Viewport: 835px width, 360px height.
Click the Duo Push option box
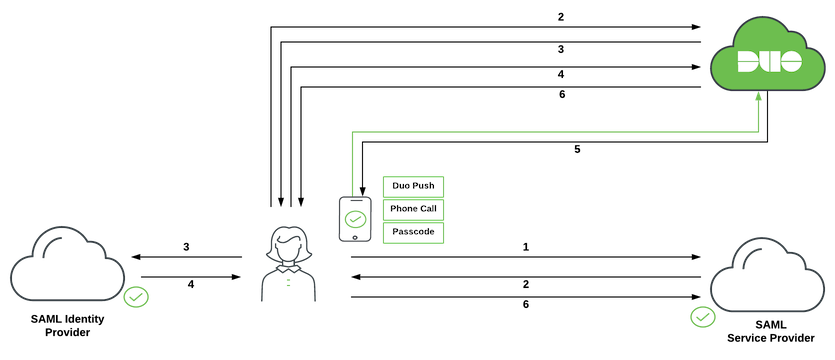[x=413, y=187]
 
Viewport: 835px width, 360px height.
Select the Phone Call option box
[x=413, y=209]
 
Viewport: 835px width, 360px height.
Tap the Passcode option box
[x=413, y=232]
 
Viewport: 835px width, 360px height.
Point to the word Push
[x=425, y=187]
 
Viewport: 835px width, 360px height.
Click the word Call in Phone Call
[x=426, y=209]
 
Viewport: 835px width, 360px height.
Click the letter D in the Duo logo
[x=745, y=63]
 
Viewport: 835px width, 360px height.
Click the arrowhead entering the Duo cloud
[x=759, y=96]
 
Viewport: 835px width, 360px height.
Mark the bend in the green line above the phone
[x=353, y=130]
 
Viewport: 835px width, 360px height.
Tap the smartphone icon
[x=354, y=218]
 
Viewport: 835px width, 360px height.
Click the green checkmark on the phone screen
[x=354, y=216]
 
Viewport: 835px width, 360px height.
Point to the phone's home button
[x=354, y=237]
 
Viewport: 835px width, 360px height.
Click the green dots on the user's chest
[x=289, y=283]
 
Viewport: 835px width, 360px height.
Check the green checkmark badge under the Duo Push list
[x=702, y=317]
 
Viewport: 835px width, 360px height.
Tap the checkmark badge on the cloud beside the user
[x=136, y=297]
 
